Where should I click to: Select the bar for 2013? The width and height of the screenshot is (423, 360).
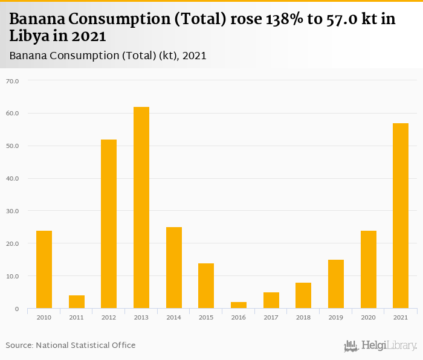coord(141,208)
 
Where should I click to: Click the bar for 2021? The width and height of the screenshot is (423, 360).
coord(401,216)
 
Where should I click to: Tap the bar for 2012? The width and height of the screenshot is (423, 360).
coord(109,224)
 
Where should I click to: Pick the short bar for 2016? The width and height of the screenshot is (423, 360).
coord(239,305)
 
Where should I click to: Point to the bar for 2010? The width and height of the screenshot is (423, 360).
coord(44,269)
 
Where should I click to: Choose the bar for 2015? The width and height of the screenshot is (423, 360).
coord(206,286)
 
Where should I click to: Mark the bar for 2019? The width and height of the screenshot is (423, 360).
coord(336,284)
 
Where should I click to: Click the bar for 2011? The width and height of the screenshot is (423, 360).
coord(77,302)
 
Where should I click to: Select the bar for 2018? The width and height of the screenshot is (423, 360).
coord(303,295)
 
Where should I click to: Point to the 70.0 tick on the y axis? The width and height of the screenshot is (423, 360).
coord(12,80)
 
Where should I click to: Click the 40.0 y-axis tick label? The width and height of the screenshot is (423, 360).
coord(12,178)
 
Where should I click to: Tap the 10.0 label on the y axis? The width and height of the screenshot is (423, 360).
coord(12,276)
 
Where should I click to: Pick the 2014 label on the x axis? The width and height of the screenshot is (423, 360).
coord(173,317)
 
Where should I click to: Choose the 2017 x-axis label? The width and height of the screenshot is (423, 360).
coord(271,317)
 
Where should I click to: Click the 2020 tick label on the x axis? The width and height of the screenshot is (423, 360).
coord(368,317)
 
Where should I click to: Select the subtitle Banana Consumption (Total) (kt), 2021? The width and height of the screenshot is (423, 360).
coord(108,56)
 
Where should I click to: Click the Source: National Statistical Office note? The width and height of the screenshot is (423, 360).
coord(71,345)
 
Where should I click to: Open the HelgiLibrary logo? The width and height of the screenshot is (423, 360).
coord(381,346)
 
